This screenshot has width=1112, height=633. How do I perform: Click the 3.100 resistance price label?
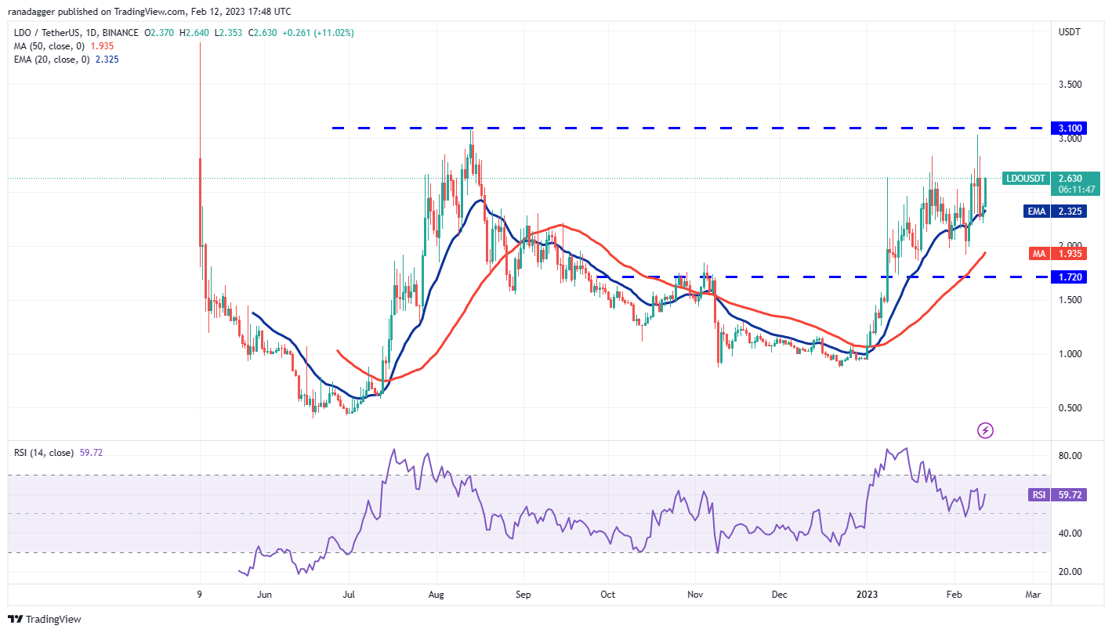pos(1069,128)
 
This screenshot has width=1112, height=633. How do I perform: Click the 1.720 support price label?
pos(1069,277)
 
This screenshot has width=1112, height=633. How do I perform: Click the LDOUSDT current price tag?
pos(1051,183)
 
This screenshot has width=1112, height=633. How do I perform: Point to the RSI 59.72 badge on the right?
pos(1059,495)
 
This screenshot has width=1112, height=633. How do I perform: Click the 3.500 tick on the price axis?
pos(1070,85)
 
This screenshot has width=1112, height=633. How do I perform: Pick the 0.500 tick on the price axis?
pos(1070,408)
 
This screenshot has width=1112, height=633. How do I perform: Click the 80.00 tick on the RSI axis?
pos(1070,456)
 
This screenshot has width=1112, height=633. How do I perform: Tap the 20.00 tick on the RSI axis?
pos(1070,572)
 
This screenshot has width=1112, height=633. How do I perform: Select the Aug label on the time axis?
pos(437,595)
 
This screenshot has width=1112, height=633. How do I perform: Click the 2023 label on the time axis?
pos(867,595)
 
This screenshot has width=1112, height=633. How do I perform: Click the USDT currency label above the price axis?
pos(1069,32)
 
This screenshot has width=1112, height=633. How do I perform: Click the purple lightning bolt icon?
pos(986,430)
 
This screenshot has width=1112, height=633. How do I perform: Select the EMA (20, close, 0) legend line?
pos(74,60)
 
